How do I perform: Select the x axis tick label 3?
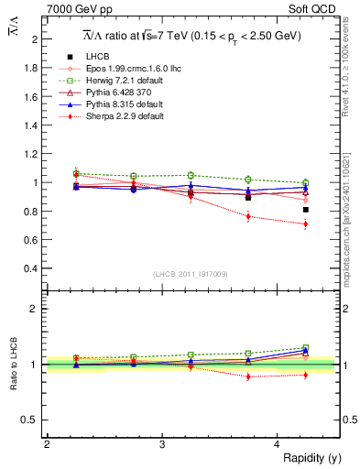[x=162, y=443]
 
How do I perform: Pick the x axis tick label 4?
[x=278, y=443]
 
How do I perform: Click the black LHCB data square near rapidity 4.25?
[x=306, y=210]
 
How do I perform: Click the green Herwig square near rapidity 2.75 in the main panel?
[x=134, y=176]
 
